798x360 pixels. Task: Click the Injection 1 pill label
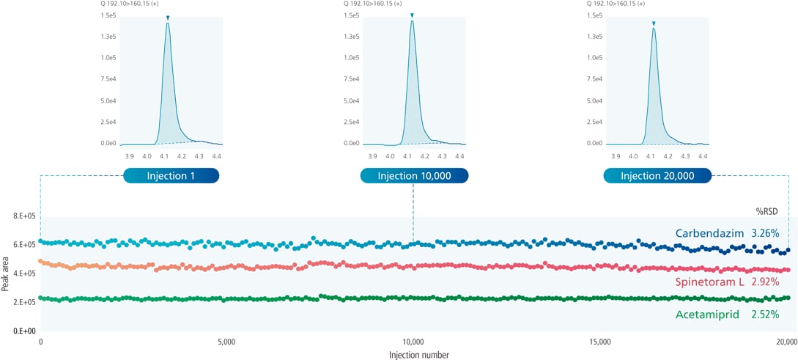click(171, 176)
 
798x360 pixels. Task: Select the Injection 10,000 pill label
click(414, 176)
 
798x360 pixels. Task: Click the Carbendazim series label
click(708, 234)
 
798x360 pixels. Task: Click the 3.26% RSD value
click(769, 234)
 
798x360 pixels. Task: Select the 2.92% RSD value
click(769, 282)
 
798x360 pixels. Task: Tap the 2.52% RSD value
click(769, 315)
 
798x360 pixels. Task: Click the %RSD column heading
click(768, 210)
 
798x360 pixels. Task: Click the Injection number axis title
click(419, 355)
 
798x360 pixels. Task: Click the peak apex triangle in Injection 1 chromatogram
click(168, 18)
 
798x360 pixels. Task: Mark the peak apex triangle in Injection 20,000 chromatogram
click(654, 23)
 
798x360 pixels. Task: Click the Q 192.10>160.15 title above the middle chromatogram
click(372, 4)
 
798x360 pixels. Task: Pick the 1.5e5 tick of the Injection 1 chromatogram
click(108, 15)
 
